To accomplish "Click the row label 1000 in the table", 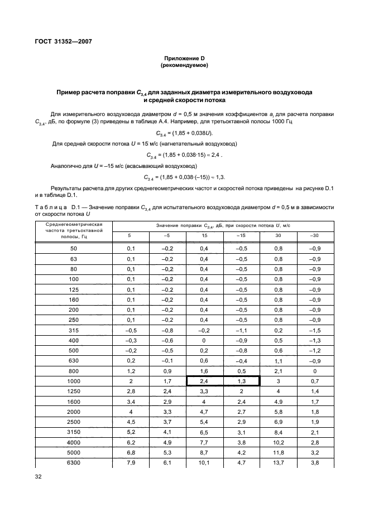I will click(x=74, y=381).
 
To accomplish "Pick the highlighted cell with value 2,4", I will click(x=204, y=381).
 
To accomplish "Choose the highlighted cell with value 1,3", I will click(x=241, y=381).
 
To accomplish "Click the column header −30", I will click(x=314, y=235).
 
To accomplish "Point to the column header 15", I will click(x=204, y=235).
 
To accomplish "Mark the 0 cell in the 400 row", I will click(x=204, y=341).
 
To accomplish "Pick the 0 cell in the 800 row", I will click(x=314, y=371).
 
